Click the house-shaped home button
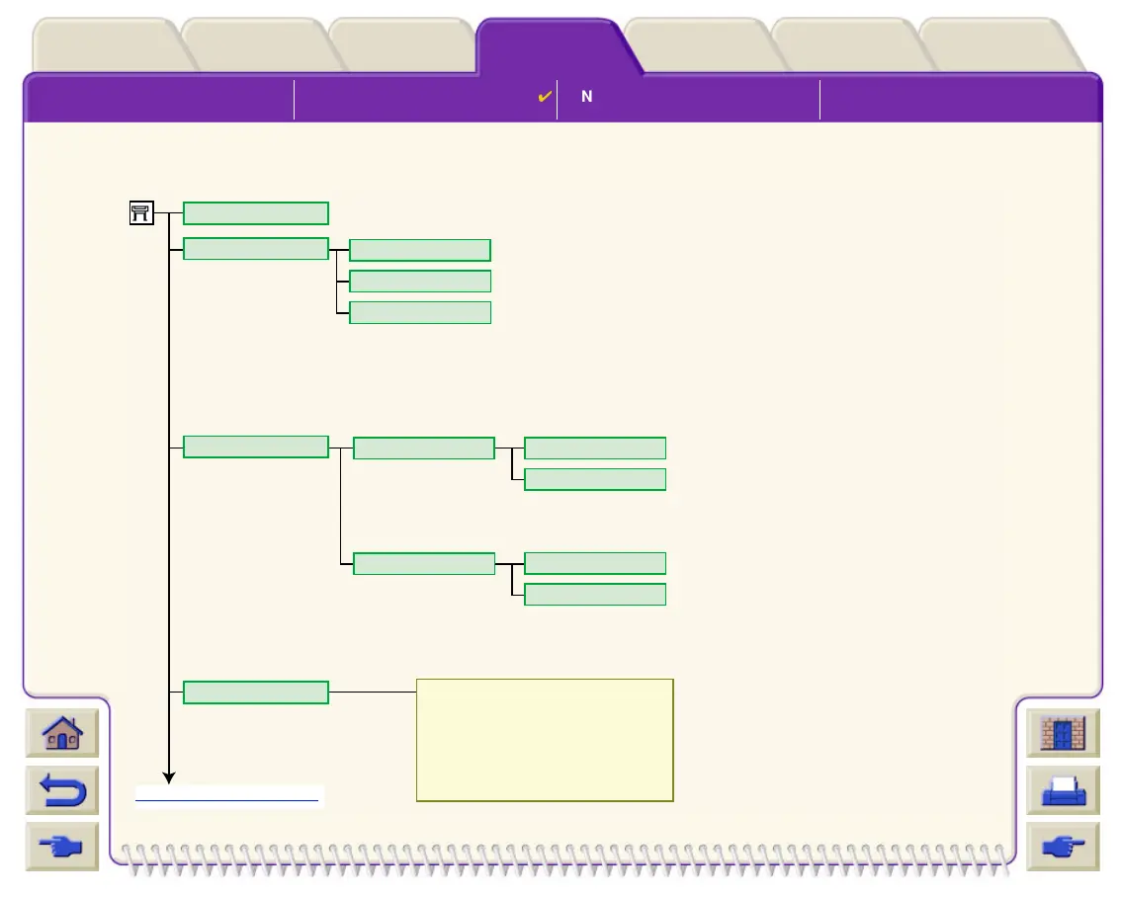coord(62,734)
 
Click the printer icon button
coord(1063,790)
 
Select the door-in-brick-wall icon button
coord(1063,734)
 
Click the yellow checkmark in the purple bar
coord(544,97)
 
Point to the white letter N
coord(586,97)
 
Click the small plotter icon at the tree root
coord(141,212)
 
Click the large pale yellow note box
coord(545,739)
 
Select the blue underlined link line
coord(227,799)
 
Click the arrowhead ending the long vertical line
coord(169,777)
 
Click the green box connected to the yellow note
coord(256,693)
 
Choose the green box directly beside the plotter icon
coord(256,213)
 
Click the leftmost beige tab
coord(107,45)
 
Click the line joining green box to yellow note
coord(373,693)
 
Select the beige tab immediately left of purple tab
coord(402,45)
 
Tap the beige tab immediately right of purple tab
coord(698,45)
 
